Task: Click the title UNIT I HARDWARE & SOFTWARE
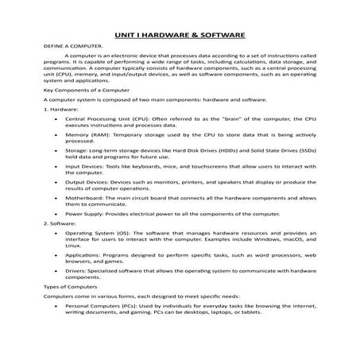tap(180, 36)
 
